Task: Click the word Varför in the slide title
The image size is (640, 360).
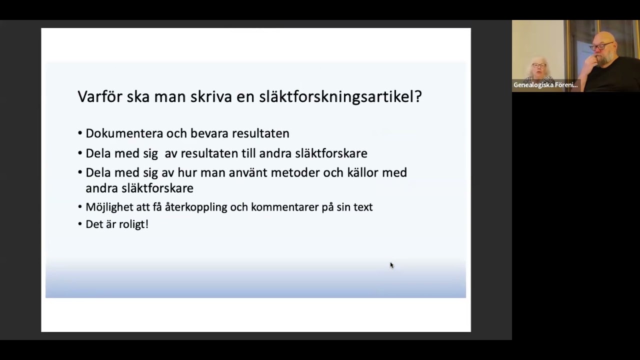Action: [x=99, y=96]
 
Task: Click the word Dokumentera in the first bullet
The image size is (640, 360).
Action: [x=124, y=133]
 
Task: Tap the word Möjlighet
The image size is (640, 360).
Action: [x=109, y=207]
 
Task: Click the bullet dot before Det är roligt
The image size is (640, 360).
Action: [x=80, y=224]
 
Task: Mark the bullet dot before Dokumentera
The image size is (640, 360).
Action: [x=80, y=133]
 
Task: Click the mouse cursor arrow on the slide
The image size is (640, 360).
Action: [x=391, y=265]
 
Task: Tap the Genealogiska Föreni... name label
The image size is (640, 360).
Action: [x=545, y=85]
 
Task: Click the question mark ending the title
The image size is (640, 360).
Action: [x=418, y=96]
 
